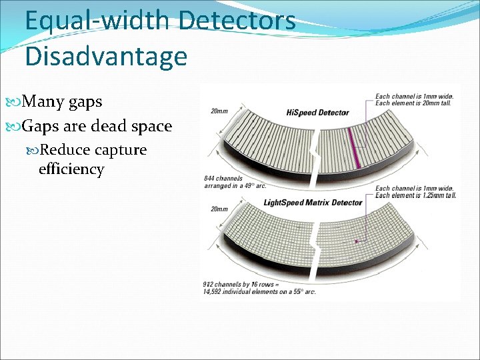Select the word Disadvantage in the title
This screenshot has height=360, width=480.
click(x=105, y=56)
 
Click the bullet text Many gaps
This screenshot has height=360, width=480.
click(x=62, y=101)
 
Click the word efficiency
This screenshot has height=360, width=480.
click(x=71, y=169)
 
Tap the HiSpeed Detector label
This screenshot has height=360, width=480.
click(x=319, y=112)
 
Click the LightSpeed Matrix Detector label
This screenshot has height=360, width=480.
click(x=313, y=203)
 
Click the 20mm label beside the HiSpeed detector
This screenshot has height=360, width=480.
click(x=218, y=111)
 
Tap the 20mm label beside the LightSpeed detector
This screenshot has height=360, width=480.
click(x=218, y=209)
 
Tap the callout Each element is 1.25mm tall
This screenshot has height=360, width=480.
click(x=415, y=195)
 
